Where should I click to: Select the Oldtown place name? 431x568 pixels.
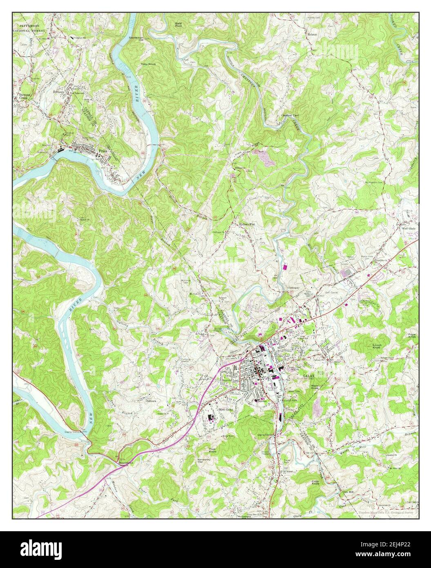point(152,401)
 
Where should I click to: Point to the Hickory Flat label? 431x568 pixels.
point(247,224)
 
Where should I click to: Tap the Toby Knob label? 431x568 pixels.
point(148,64)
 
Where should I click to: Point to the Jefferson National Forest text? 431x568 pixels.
point(33,28)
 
